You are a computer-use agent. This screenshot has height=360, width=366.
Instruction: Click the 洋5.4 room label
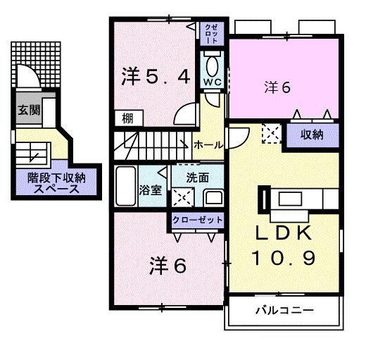(156, 76)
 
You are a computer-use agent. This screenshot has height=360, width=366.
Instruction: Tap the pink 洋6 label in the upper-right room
(278, 87)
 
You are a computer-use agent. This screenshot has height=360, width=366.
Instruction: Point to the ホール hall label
(208, 144)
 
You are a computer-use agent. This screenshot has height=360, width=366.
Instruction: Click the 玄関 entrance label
(28, 109)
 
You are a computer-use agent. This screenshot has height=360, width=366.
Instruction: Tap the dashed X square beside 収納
(271, 132)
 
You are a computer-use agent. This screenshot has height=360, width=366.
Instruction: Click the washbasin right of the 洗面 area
(213, 196)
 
